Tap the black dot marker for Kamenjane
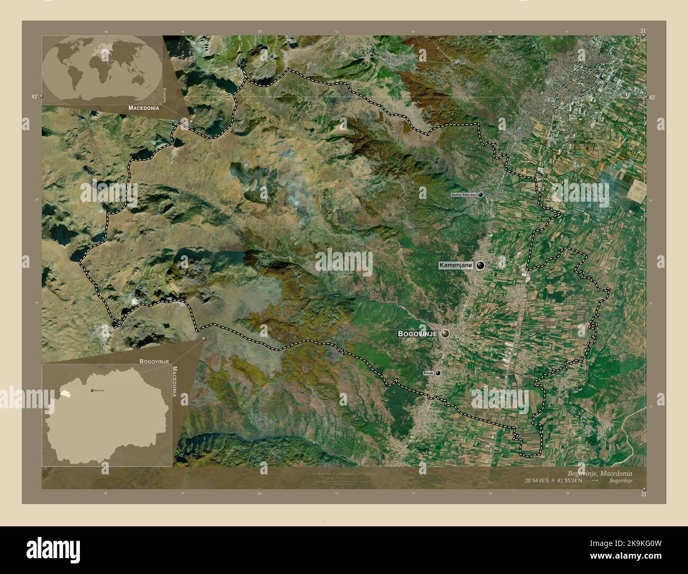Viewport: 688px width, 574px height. click(481, 265)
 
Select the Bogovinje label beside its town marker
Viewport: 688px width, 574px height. click(418, 334)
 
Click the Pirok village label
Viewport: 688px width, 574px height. click(429, 373)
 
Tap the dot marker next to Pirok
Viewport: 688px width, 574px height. click(438, 373)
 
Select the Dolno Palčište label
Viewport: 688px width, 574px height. click(464, 195)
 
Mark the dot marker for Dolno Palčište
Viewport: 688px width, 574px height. click(481, 195)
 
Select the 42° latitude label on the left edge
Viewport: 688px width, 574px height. click(34, 97)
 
